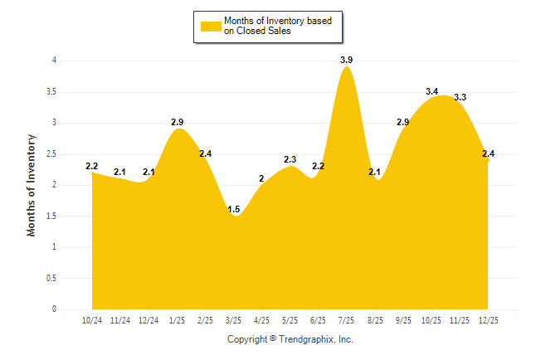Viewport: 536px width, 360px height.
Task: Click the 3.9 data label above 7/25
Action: point(347,60)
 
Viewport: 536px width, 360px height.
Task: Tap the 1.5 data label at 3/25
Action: point(234,208)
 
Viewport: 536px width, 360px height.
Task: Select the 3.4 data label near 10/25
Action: point(431,91)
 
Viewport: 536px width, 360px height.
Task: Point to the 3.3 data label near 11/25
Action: point(460,97)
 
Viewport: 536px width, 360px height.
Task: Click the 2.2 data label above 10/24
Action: point(92,166)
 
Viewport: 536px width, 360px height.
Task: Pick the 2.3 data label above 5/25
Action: point(290,159)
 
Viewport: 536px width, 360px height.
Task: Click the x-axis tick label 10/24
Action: point(92,319)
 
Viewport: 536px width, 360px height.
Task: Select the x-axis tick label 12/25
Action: point(488,319)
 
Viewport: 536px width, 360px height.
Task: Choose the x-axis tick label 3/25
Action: point(234,319)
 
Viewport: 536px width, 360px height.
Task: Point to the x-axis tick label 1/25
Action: point(177,319)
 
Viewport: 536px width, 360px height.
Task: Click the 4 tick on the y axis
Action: point(54,61)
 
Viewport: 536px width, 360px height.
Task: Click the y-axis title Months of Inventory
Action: point(32,185)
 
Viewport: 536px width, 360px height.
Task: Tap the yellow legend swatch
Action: point(210,27)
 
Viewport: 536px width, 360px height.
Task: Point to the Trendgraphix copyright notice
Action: point(290,339)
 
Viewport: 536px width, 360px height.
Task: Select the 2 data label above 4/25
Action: point(261,178)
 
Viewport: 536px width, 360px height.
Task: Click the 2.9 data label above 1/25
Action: point(177,122)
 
